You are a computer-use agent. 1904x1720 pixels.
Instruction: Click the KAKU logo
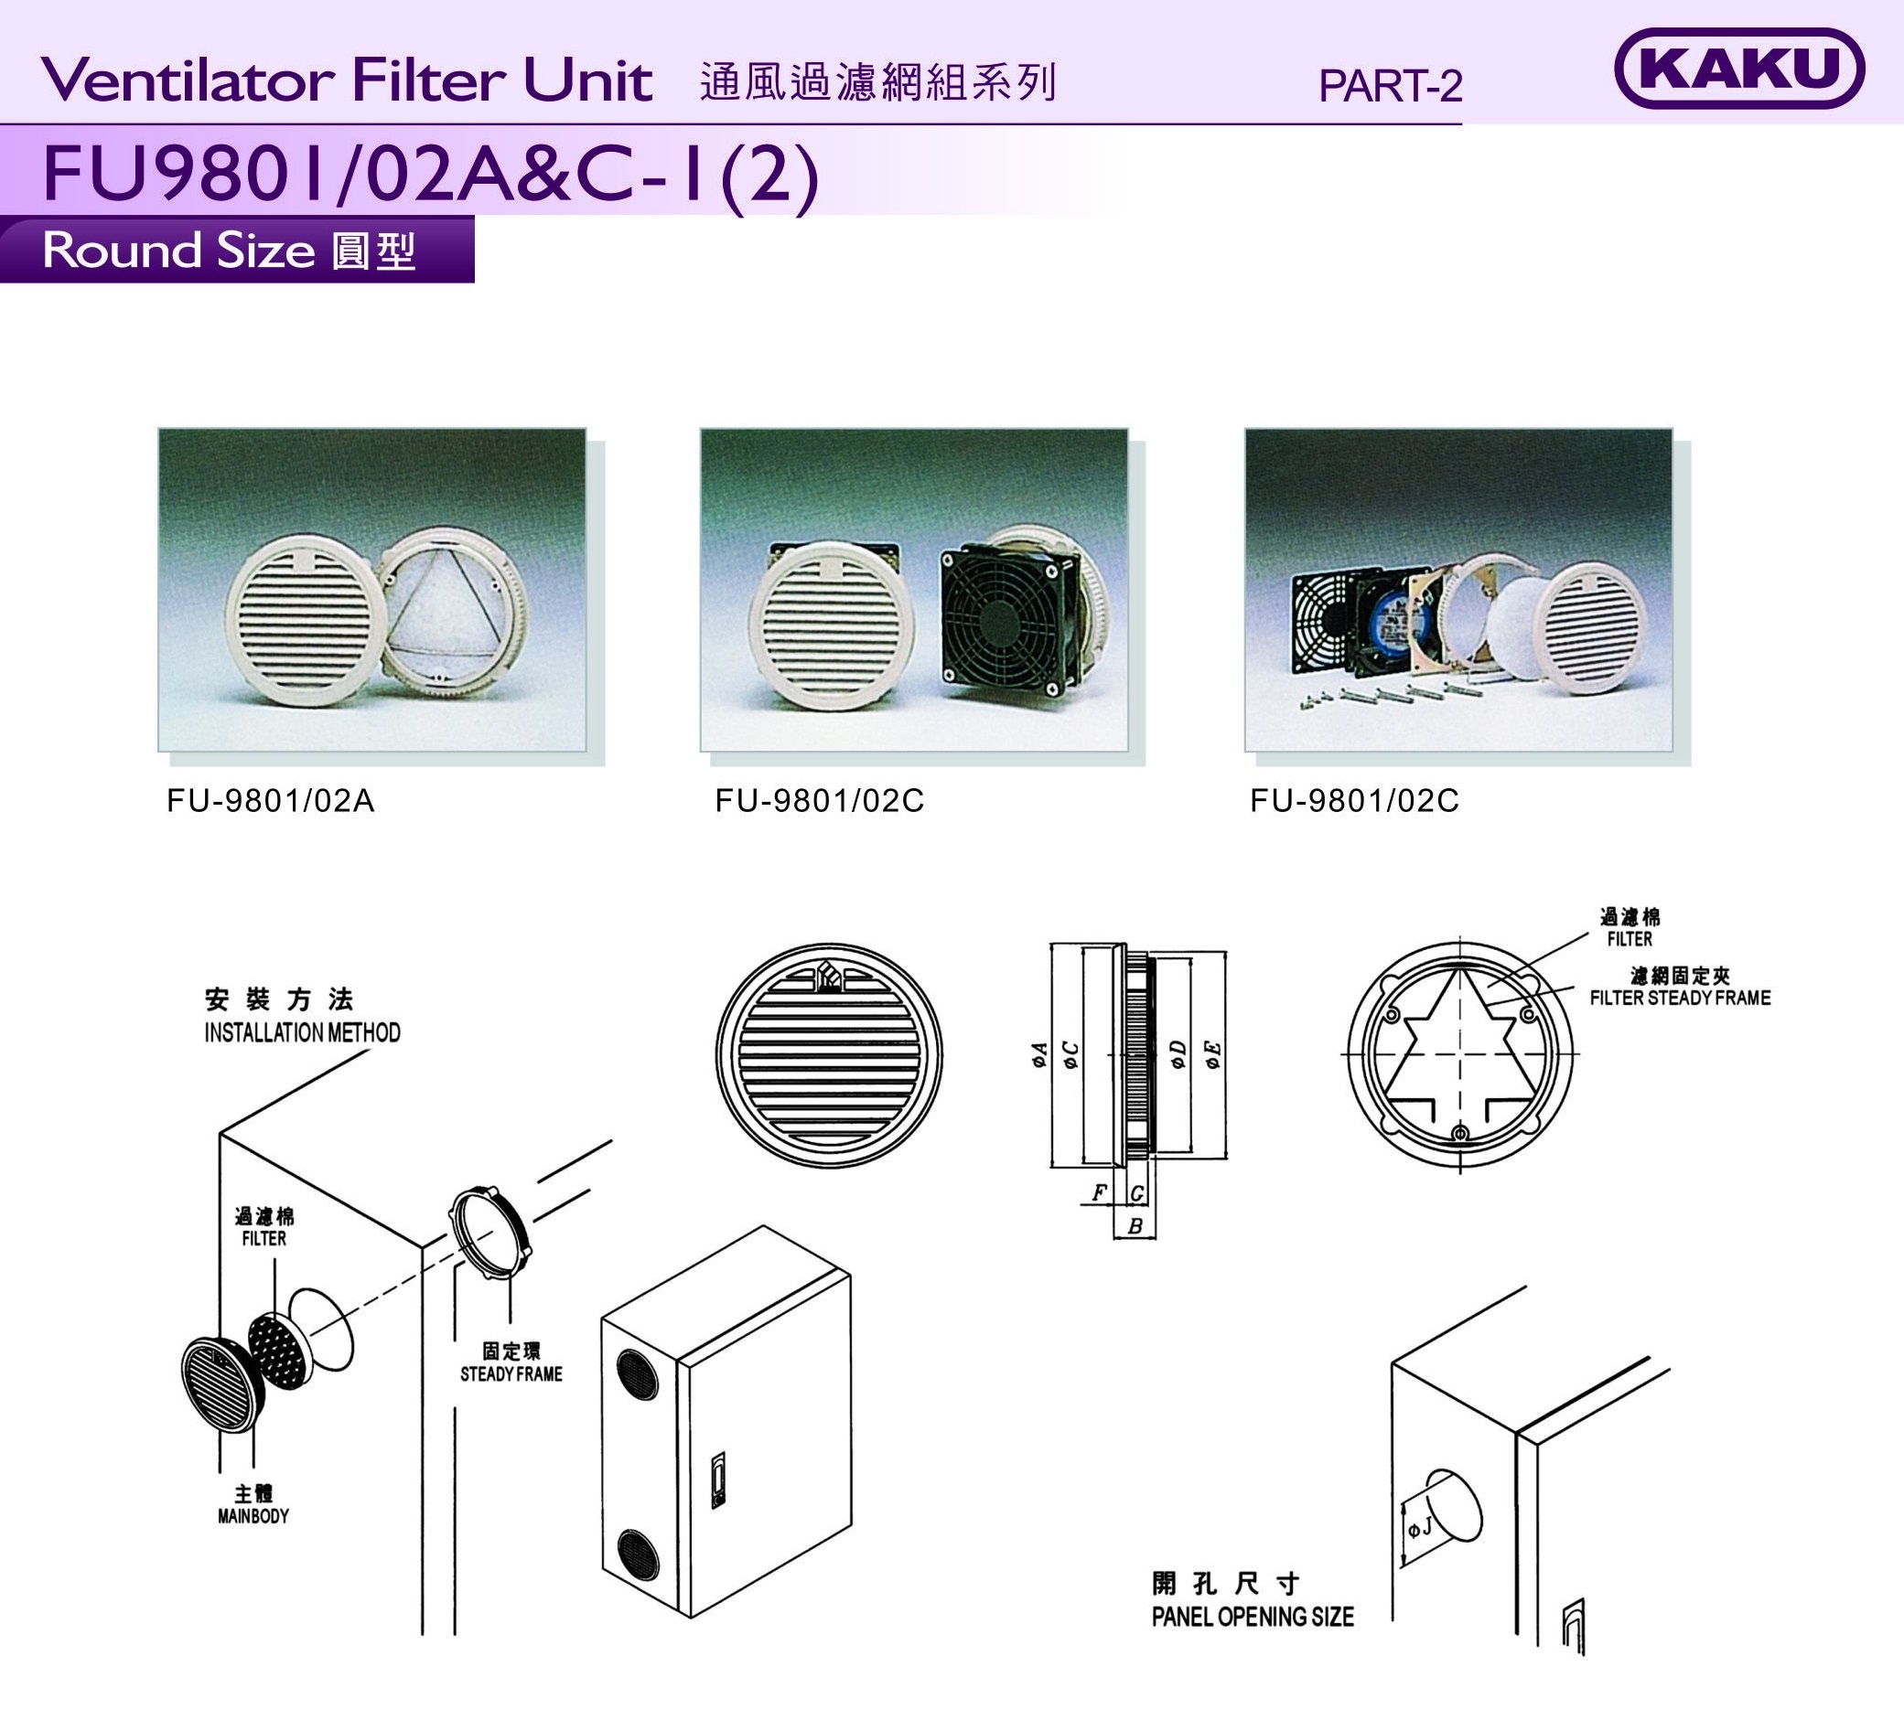click(1738, 68)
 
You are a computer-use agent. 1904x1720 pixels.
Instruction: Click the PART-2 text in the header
click(1390, 86)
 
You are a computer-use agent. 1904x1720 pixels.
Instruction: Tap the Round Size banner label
click(230, 251)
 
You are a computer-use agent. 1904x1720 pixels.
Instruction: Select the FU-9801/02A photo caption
click(271, 800)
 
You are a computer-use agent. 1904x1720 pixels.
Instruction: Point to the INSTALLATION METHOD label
click(302, 1031)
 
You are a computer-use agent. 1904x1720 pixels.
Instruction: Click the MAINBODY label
click(253, 1516)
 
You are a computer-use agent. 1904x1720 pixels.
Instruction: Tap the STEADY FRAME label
click(511, 1374)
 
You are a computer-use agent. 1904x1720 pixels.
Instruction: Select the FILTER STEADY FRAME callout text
click(1680, 998)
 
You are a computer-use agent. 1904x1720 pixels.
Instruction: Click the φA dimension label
click(1038, 1054)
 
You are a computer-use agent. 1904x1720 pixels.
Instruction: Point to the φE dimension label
click(1212, 1054)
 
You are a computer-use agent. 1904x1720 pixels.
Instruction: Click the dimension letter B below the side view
click(1135, 1226)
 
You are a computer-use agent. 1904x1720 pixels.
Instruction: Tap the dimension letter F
click(1098, 1193)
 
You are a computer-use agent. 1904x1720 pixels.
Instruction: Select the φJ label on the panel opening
click(1419, 1525)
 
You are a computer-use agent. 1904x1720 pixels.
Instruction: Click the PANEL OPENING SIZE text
click(1253, 1617)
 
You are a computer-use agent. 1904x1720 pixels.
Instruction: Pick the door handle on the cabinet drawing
click(719, 1479)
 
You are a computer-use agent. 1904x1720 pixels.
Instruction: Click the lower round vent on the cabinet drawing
click(638, 1555)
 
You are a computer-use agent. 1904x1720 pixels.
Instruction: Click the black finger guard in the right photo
click(1326, 624)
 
